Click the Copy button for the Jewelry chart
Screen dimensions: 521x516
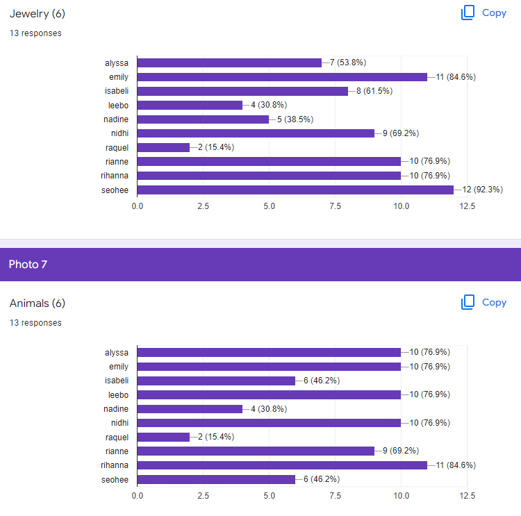click(483, 13)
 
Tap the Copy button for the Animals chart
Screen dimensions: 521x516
click(483, 302)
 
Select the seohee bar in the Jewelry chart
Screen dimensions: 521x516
click(295, 190)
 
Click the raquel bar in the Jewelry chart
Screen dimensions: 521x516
click(163, 147)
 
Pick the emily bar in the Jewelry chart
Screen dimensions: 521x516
click(282, 77)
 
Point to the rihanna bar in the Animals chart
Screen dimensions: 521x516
click(282, 465)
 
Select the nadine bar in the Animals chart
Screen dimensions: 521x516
click(190, 409)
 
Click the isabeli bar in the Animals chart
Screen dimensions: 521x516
click(216, 381)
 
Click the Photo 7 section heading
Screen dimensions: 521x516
click(28, 265)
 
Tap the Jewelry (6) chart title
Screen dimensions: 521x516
click(38, 14)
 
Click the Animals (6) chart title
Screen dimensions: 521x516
click(38, 303)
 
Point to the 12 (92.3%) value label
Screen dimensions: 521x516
click(483, 190)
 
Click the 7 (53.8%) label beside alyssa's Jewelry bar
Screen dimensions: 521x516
click(348, 63)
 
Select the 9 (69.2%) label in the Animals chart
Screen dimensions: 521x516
click(401, 451)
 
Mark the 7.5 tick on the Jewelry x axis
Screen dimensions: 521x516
click(336, 206)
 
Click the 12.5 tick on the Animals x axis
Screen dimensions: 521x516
click(468, 496)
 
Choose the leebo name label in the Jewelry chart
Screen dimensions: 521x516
click(118, 106)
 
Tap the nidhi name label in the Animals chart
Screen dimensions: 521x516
click(119, 423)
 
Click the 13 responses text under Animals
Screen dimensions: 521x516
click(35, 323)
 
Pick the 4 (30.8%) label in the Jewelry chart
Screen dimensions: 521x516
click(269, 105)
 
